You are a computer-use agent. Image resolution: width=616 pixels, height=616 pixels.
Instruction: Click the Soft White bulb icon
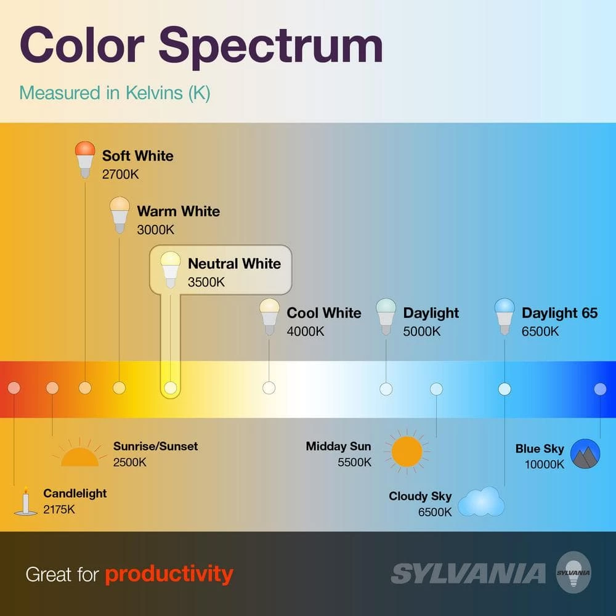coord(85,160)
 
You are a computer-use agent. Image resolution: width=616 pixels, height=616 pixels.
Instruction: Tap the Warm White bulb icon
coord(120,215)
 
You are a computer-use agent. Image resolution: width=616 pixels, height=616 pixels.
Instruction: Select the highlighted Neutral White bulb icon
coord(171,270)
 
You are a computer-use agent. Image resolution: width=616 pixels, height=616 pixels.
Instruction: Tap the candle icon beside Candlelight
coord(25,501)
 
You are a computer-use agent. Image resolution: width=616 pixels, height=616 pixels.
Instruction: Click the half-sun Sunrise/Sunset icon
coord(79,453)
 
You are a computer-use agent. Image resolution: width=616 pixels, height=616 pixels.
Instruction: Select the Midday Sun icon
coord(407,452)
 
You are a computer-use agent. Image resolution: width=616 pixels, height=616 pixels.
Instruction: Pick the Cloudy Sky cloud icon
coord(481,501)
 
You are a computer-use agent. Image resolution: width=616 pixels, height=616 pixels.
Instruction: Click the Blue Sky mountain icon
coord(585,454)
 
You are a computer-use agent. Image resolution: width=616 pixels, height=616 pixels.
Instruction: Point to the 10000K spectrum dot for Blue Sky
coord(600,389)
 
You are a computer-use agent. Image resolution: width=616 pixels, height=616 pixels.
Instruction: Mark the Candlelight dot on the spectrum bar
coord(14,387)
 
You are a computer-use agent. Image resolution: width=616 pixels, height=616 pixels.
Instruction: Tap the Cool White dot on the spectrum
coord(269,387)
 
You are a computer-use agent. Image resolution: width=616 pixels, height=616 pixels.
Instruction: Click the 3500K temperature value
coord(206,282)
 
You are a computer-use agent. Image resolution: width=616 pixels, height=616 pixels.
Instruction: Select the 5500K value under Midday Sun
coord(354,462)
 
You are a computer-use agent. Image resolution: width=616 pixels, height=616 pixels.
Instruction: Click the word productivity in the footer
coord(169,575)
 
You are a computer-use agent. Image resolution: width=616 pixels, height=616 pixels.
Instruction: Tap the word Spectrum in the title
coord(270,46)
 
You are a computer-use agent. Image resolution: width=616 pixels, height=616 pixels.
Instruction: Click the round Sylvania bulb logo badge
coord(573,572)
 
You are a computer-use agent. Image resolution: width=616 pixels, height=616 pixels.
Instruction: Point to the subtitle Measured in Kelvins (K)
coord(115,94)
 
